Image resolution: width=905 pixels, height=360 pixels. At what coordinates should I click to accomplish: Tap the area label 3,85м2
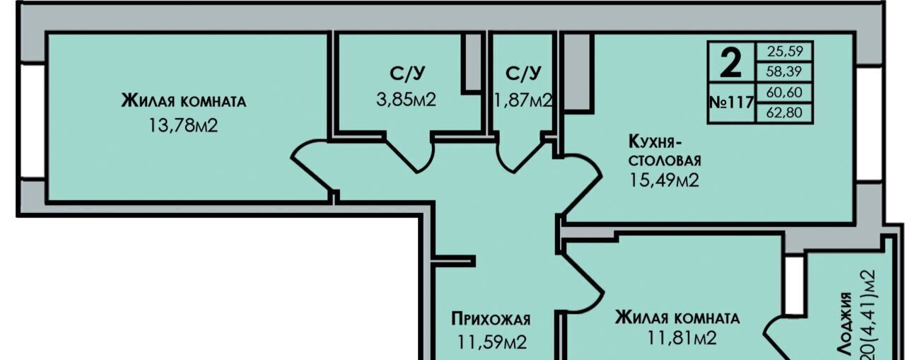tap(407, 99)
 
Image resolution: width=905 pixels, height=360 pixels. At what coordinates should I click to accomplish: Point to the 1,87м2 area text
tap(524, 100)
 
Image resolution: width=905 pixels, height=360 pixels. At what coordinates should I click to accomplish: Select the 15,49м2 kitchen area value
tap(664, 180)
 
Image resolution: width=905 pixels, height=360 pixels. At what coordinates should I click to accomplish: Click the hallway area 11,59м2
tap(491, 343)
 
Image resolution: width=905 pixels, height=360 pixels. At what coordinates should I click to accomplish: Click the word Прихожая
tap(491, 320)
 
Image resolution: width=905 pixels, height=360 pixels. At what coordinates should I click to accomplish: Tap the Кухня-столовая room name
tap(665, 150)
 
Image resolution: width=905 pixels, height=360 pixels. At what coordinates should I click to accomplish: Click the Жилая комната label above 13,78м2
tap(184, 100)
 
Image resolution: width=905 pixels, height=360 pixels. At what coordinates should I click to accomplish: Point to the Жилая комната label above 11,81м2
tap(677, 318)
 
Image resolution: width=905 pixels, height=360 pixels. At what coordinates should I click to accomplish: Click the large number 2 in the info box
tap(731, 64)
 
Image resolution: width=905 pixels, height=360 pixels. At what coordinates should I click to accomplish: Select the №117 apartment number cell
tap(731, 102)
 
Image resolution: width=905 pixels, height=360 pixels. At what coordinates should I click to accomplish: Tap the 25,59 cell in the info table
tap(785, 52)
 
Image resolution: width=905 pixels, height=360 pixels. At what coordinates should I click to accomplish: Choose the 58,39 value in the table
tap(785, 71)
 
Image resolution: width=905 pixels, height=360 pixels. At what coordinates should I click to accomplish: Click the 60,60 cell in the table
tap(785, 93)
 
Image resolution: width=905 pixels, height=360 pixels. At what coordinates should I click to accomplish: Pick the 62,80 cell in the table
tap(785, 112)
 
